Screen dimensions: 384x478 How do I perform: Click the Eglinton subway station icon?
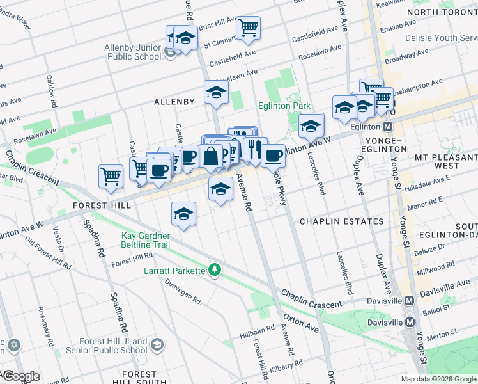click(387, 127)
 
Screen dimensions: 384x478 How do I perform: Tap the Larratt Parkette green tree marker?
click(215, 271)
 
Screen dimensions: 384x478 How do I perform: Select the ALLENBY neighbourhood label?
click(174, 102)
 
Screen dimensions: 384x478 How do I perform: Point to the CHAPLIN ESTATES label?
click(342, 221)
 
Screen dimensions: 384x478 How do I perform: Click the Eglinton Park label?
click(284, 106)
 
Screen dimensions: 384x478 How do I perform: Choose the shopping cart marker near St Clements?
click(248, 28)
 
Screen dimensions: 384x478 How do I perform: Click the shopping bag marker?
click(211, 156)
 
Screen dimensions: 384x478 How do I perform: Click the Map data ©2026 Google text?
click(439, 379)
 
